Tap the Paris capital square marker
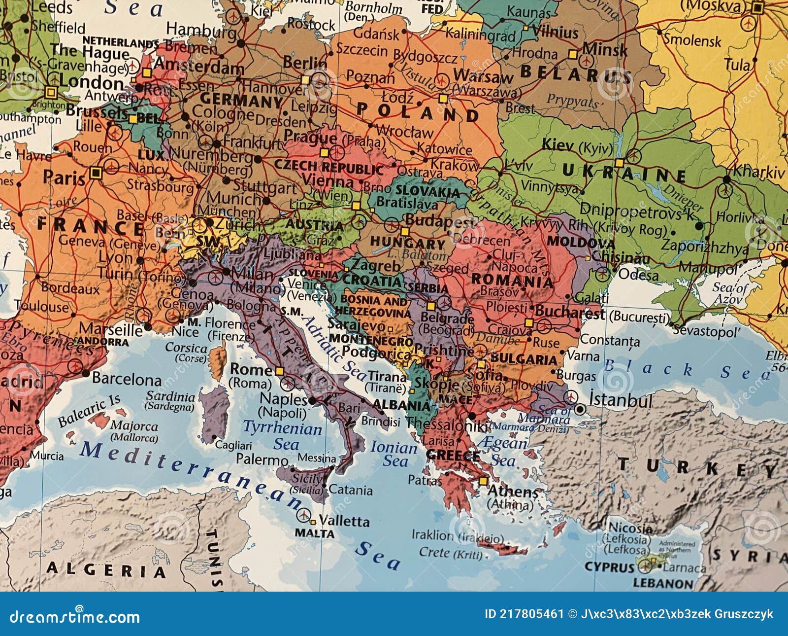coord(96,172)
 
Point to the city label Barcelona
coord(127,379)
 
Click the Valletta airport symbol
coord(304,515)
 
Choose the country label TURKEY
coord(699,467)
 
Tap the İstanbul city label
coord(621,399)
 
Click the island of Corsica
coord(217,362)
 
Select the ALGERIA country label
coord(106,570)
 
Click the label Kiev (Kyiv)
coord(577,145)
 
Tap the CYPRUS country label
coord(609,567)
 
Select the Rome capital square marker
coord(280,371)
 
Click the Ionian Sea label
coord(394,454)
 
